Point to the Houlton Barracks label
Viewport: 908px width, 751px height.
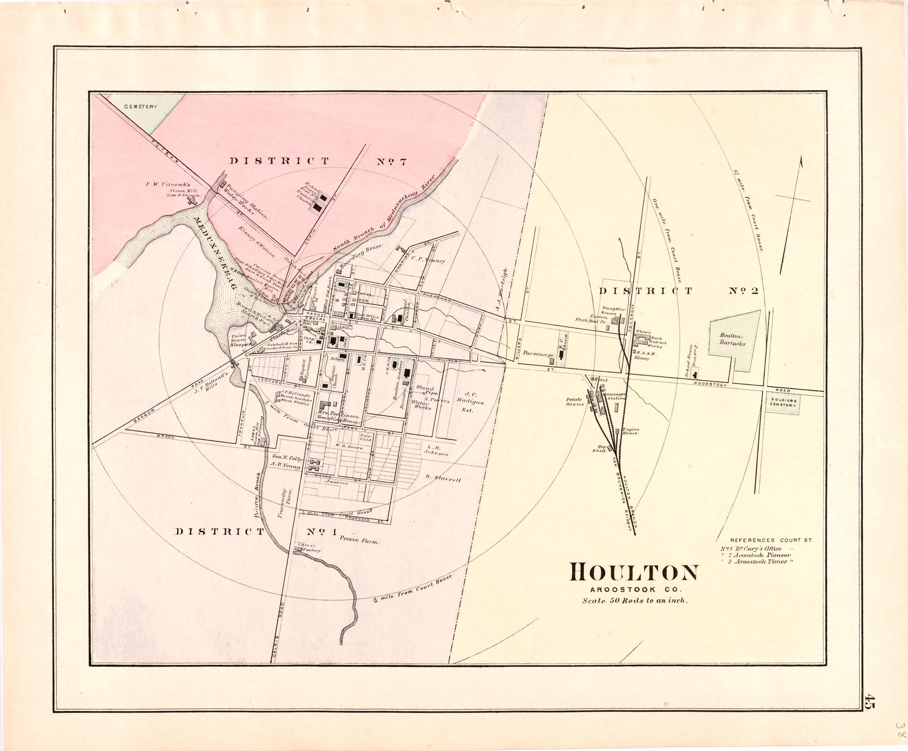click(732, 339)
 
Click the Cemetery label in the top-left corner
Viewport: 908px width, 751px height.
click(141, 106)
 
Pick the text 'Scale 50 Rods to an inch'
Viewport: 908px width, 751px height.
click(634, 601)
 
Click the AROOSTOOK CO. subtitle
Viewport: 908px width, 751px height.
click(634, 589)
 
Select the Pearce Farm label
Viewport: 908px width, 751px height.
click(359, 540)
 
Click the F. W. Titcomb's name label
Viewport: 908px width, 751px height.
click(168, 184)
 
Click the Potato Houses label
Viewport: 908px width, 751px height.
click(575, 402)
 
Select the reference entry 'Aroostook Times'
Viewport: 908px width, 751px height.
click(761, 561)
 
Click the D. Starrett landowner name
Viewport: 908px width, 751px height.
click(443, 479)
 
